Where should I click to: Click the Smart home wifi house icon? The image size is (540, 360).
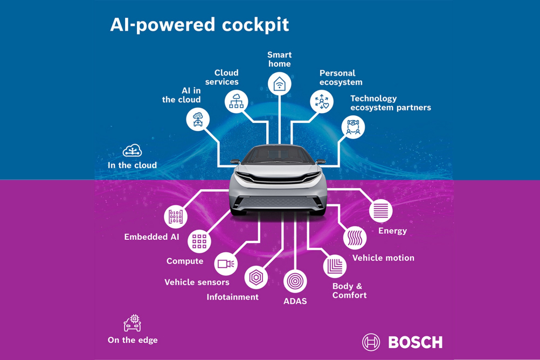279,84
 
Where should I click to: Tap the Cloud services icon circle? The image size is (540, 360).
236,102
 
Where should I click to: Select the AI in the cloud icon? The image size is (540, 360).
198,119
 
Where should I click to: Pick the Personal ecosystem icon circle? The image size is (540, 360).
322,102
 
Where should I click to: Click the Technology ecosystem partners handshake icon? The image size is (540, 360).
353,127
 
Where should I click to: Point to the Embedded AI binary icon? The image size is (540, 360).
176,217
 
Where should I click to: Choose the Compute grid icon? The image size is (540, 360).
199,241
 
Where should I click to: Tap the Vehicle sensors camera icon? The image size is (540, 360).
226,264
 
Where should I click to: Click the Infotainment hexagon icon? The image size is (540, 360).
256,278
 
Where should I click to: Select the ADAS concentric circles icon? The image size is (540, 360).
295,281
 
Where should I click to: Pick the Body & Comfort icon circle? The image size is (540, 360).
335,266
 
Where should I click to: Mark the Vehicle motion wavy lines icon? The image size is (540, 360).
355,238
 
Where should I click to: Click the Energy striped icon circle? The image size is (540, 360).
380,211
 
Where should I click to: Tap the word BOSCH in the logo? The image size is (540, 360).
416,342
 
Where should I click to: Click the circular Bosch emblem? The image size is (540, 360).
371,342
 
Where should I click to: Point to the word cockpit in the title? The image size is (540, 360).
255,25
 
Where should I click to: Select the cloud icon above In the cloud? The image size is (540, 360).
132,150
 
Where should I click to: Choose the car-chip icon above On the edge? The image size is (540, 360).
133,323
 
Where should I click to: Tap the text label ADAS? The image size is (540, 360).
295,301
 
